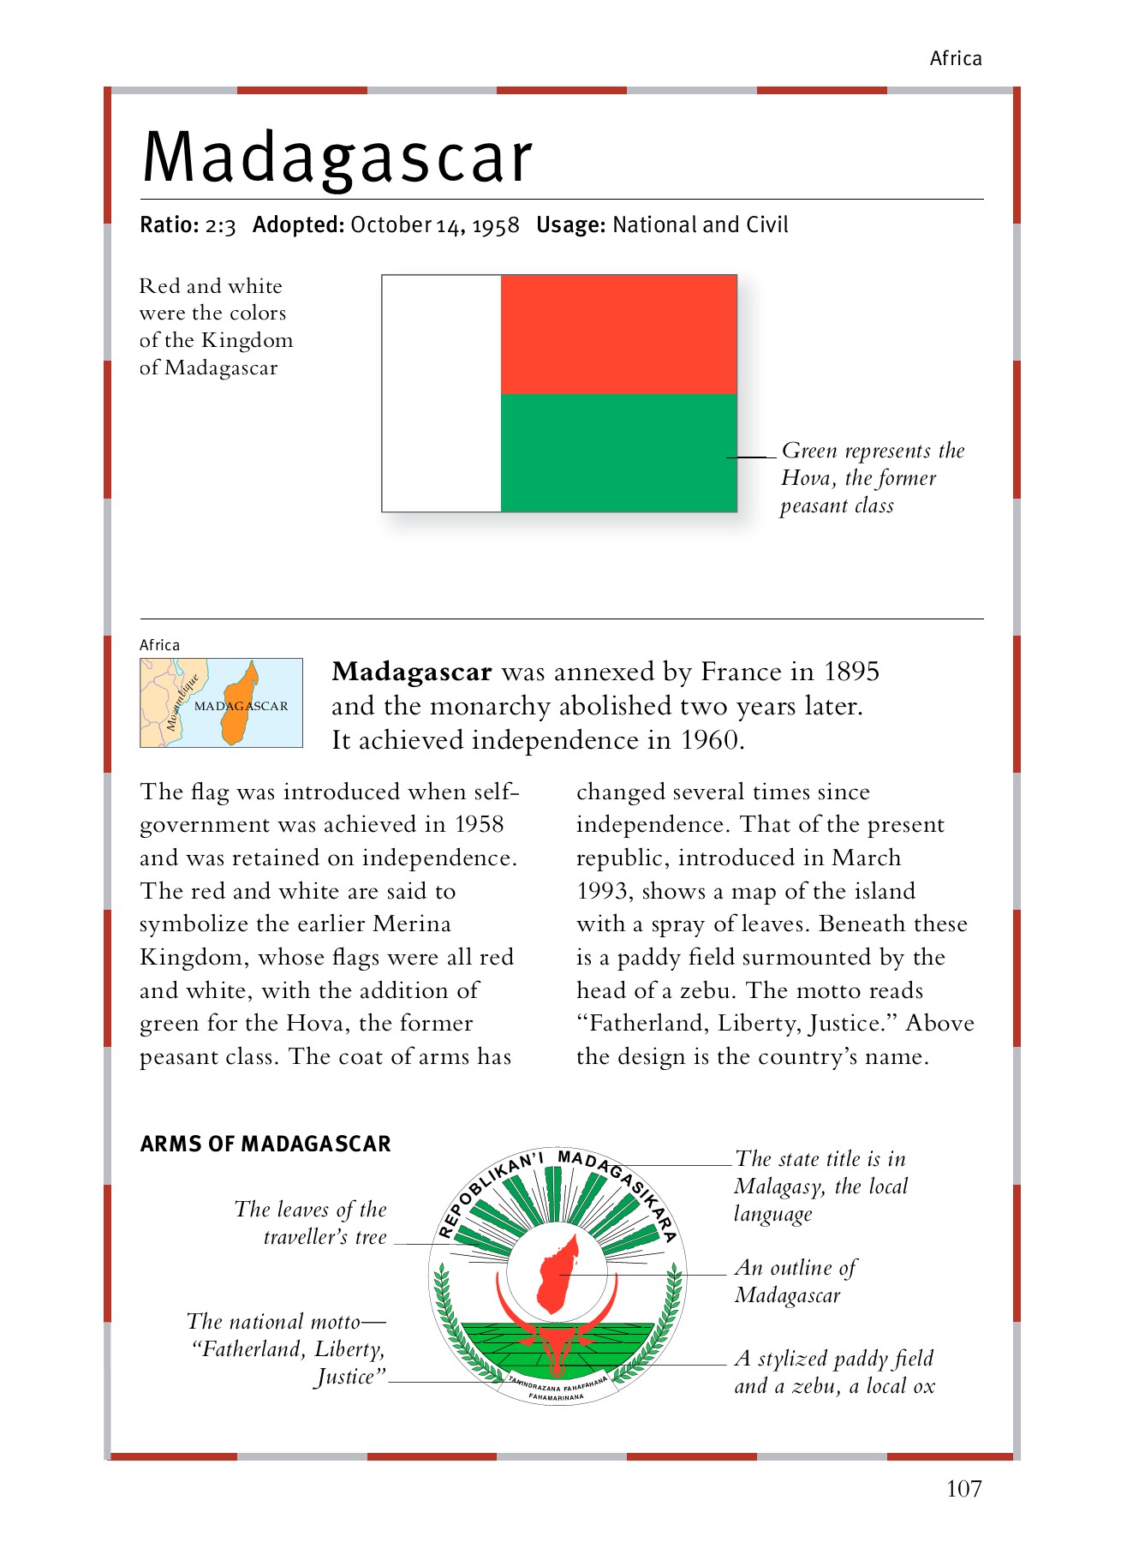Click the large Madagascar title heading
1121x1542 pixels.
(337, 158)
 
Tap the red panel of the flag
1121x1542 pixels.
(618, 334)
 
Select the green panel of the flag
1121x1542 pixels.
(618, 452)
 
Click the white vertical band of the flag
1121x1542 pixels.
(441, 393)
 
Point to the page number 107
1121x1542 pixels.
(963, 1489)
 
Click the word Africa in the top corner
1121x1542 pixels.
(956, 58)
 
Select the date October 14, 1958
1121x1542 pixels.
(435, 225)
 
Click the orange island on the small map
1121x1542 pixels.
(239, 704)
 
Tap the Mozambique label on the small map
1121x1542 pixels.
(182, 702)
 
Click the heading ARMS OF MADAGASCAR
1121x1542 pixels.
(265, 1144)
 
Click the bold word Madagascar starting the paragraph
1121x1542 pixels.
(412, 672)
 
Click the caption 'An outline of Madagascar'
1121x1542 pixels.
(795, 1281)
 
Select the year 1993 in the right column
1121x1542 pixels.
(603, 891)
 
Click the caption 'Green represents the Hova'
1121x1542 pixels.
(872, 477)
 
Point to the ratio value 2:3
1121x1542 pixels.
(220, 225)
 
